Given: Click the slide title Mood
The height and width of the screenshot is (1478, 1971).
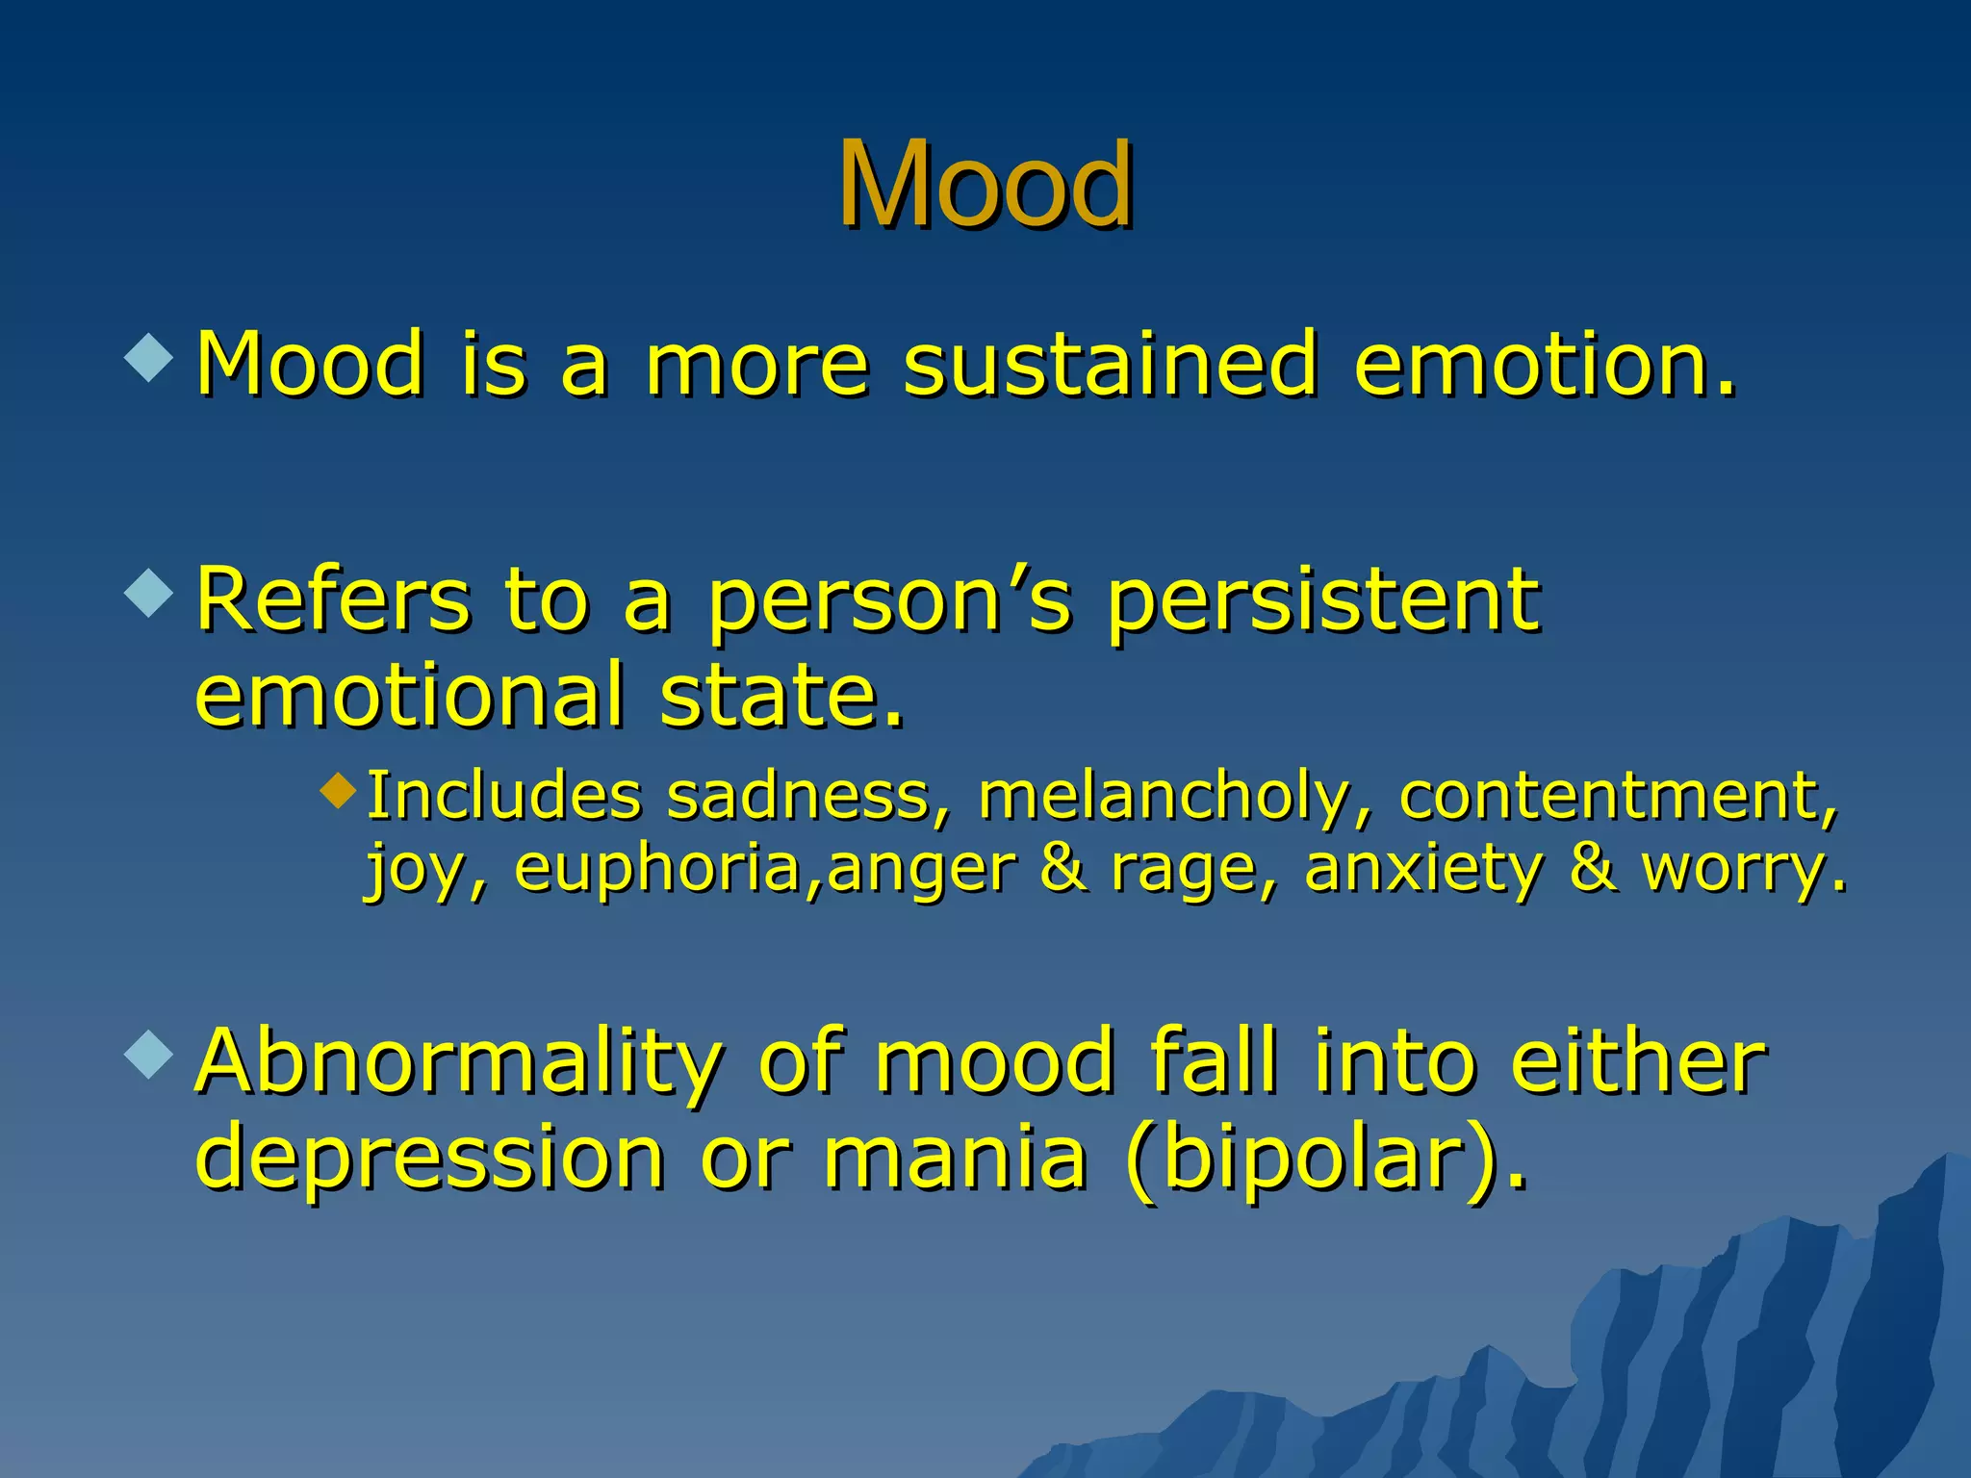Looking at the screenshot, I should tap(985, 185).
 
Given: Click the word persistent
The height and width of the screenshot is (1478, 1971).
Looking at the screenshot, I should tap(1322, 599).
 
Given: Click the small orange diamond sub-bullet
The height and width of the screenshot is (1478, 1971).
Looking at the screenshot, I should tap(339, 791).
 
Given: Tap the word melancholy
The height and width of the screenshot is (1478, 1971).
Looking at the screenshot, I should tap(1164, 798).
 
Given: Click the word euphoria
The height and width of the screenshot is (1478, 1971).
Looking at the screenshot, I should tap(658, 869).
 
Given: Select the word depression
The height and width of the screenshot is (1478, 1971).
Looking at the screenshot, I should tap(429, 1157).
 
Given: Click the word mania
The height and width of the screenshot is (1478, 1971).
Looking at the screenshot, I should tap(955, 1157).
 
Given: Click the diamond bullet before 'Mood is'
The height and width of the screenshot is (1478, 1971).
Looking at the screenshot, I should tap(149, 356).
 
